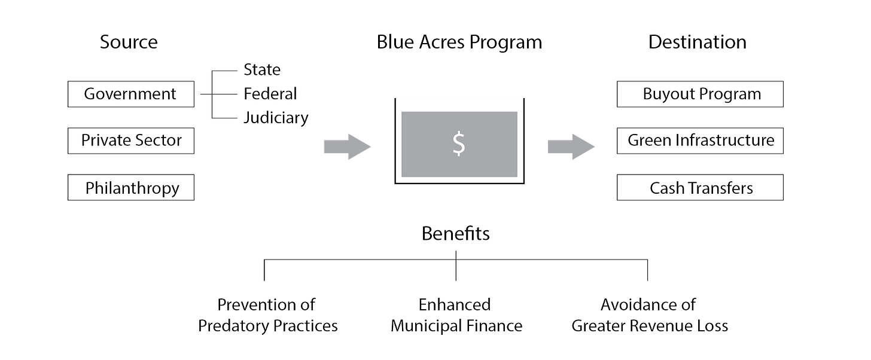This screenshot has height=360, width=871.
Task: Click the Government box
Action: pyautogui.click(x=130, y=94)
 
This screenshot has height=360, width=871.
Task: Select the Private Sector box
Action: pyautogui.click(x=130, y=141)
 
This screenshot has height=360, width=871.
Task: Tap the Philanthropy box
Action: pyautogui.click(x=130, y=188)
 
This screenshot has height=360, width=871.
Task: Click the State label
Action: pyautogui.click(x=261, y=70)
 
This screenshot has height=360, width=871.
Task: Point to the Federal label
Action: pyautogui.click(x=270, y=94)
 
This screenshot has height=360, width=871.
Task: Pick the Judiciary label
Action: pyautogui.click(x=276, y=118)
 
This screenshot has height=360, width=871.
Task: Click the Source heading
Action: pyautogui.click(x=129, y=42)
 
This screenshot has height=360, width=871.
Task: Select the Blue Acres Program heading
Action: pyautogui.click(x=459, y=42)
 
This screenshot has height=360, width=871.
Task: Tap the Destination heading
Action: pyautogui.click(x=698, y=42)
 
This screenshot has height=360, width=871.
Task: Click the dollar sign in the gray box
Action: pyautogui.click(x=459, y=144)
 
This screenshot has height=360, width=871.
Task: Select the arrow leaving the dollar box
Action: pyautogui.click(x=571, y=147)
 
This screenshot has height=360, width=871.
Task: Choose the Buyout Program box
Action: pyautogui.click(x=701, y=94)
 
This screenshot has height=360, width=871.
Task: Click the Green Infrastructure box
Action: pyautogui.click(x=701, y=141)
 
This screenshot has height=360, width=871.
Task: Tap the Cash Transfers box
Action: pyautogui.click(x=701, y=188)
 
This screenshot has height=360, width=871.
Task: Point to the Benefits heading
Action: pyautogui.click(x=456, y=234)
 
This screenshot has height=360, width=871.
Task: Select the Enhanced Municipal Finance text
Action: pyautogui.click(x=456, y=315)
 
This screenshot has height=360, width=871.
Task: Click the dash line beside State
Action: pyautogui.click(x=225, y=71)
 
